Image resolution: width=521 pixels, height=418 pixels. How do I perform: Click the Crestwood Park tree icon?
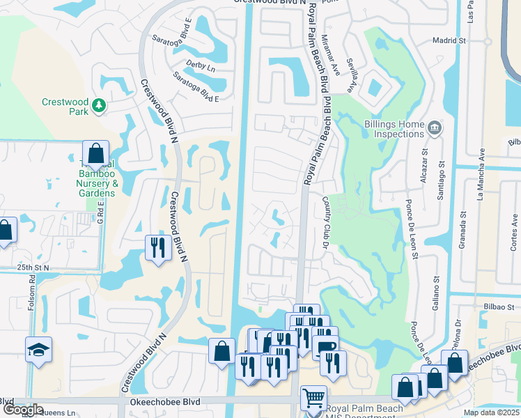pos(100,105)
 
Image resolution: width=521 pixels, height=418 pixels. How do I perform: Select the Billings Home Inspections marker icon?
pos(434,127)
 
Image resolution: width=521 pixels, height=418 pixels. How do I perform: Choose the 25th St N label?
pos(34,267)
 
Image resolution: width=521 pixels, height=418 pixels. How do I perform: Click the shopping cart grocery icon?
pos(313,398)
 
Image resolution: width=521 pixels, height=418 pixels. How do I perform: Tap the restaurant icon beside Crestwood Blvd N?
pos(158,247)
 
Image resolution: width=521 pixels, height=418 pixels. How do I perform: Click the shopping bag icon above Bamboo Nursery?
pos(95,153)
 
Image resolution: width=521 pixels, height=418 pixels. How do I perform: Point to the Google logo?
pos(23,410)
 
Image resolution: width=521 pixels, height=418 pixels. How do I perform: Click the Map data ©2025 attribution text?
pos(491,412)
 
